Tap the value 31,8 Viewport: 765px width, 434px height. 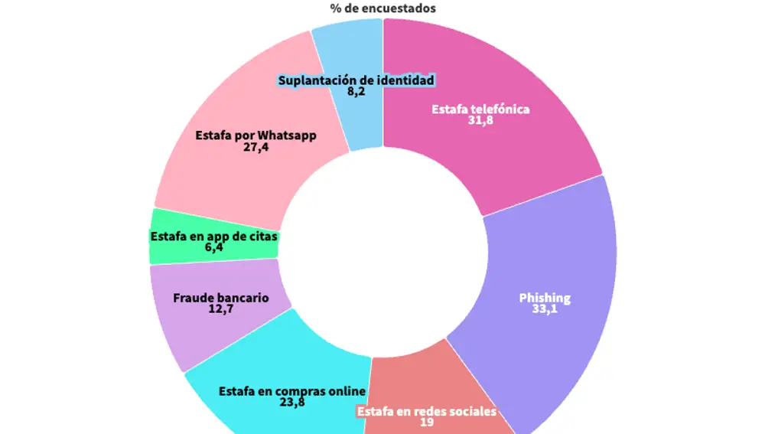pyautogui.click(x=480, y=120)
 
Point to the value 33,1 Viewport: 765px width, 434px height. pyautogui.click(x=545, y=310)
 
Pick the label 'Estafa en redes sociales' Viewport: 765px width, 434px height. pyautogui.click(x=427, y=411)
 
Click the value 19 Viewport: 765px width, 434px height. pyautogui.click(x=427, y=422)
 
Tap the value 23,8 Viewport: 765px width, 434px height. pyautogui.click(x=292, y=402)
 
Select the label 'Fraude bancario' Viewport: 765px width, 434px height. pyautogui.click(x=221, y=298)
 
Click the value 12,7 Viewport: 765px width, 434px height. pyautogui.click(x=221, y=309)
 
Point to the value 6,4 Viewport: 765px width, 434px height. pyautogui.click(x=214, y=248)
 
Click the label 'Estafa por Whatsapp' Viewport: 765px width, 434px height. pyautogui.click(x=256, y=135)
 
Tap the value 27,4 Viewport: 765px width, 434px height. pyautogui.click(x=256, y=147)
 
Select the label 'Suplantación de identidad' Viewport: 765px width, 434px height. pyautogui.click(x=356, y=80)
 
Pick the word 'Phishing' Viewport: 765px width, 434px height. pyautogui.click(x=545, y=299)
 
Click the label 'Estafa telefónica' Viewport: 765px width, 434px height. pyautogui.click(x=480, y=109)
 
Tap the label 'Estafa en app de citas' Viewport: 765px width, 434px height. pyautogui.click(x=214, y=237)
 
